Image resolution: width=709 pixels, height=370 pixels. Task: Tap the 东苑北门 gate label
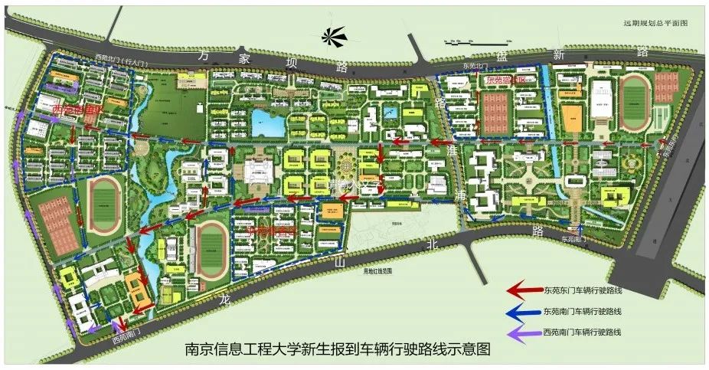point(475,66)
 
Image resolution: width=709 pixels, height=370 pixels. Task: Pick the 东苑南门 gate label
point(577,239)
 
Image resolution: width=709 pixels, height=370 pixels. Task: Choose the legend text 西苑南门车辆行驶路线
point(582,332)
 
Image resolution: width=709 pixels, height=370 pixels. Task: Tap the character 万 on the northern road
point(203,56)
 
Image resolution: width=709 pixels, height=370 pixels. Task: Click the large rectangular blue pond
point(269,122)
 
